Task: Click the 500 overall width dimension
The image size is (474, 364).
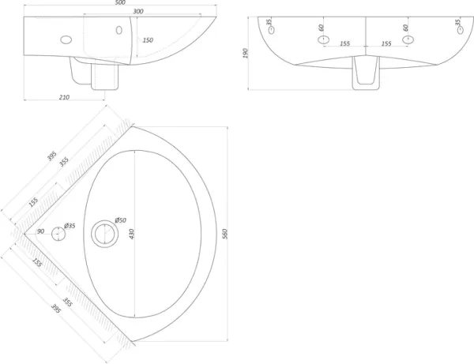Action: pyautogui.click(x=120, y=2)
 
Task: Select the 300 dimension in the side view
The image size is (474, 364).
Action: pyautogui.click(x=137, y=11)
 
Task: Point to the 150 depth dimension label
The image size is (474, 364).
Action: pyautogui.click(x=148, y=40)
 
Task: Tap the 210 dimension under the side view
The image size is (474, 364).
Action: pyautogui.click(x=64, y=97)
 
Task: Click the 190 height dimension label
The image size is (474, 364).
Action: pyautogui.click(x=246, y=53)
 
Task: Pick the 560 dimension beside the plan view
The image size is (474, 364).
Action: pyautogui.click(x=225, y=234)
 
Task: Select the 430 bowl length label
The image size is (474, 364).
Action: pyautogui.click(x=131, y=234)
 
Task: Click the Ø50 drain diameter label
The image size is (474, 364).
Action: pyautogui.click(x=121, y=220)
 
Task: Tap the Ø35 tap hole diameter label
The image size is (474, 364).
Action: pyautogui.click(x=70, y=226)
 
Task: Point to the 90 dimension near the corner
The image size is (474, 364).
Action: pyautogui.click(x=40, y=231)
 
